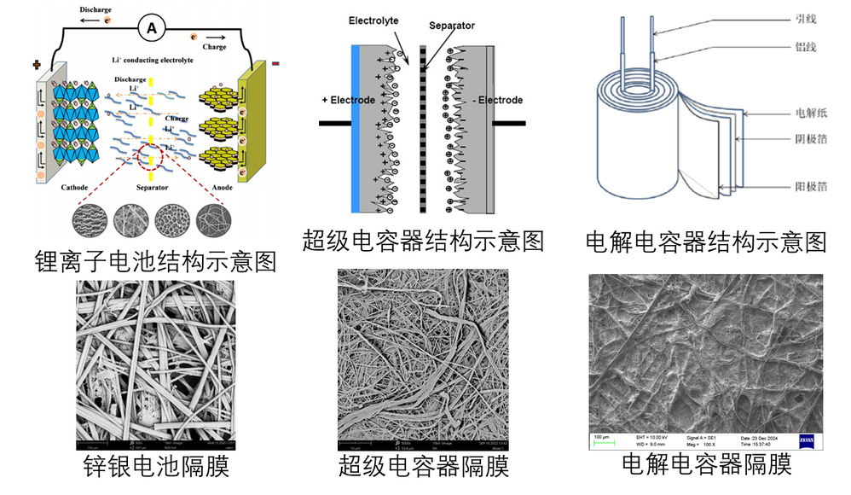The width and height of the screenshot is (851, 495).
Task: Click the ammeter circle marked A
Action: tap(152, 28)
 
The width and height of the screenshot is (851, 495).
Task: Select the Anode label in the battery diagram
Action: tap(223, 188)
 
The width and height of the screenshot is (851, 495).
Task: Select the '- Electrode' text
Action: tap(497, 100)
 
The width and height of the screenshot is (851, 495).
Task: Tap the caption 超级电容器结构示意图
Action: tap(423, 240)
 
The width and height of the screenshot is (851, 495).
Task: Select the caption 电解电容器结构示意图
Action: tap(706, 242)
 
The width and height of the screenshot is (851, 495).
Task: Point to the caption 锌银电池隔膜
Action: tap(156, 466)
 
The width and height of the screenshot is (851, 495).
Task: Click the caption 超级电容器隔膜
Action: tap(423, 466)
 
